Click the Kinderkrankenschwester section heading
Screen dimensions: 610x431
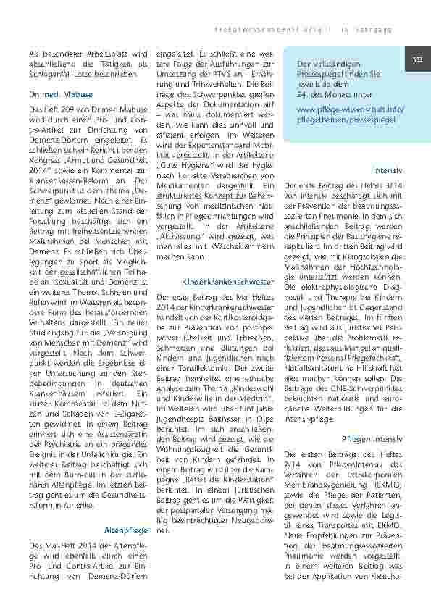218,281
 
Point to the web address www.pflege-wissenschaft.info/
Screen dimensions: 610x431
349,109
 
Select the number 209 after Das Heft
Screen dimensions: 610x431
67,109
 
